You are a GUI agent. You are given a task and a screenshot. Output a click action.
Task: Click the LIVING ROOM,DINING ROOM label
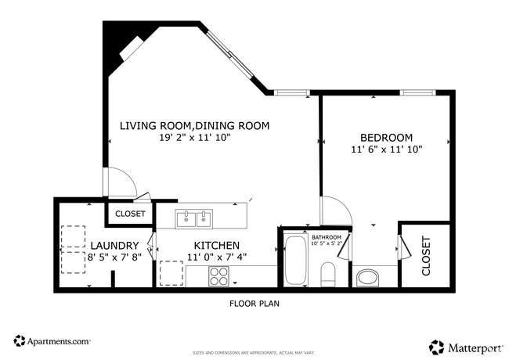point(194,125)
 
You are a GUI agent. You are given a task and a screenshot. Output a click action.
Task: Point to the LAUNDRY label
point(114,246)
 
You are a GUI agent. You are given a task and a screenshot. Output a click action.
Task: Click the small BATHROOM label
point(327,236)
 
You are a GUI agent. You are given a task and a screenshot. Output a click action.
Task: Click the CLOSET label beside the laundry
point(130,213)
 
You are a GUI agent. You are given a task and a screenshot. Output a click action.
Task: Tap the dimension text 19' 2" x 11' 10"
point(194,137)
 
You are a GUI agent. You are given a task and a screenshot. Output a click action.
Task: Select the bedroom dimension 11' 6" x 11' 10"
point(387,149)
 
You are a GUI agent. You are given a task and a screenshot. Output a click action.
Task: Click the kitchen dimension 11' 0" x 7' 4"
point(217,257)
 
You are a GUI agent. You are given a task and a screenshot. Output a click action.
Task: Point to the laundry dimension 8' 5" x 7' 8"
point(114,257)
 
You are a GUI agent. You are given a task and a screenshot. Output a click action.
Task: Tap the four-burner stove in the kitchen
point(218,275)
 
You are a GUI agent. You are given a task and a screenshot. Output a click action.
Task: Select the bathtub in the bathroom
point(296,261)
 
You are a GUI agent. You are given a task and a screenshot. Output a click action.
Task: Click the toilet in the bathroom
point(328,274)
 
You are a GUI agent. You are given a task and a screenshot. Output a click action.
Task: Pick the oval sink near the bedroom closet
point(366,276)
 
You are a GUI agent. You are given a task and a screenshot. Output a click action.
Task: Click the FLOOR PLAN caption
point(254,304)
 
